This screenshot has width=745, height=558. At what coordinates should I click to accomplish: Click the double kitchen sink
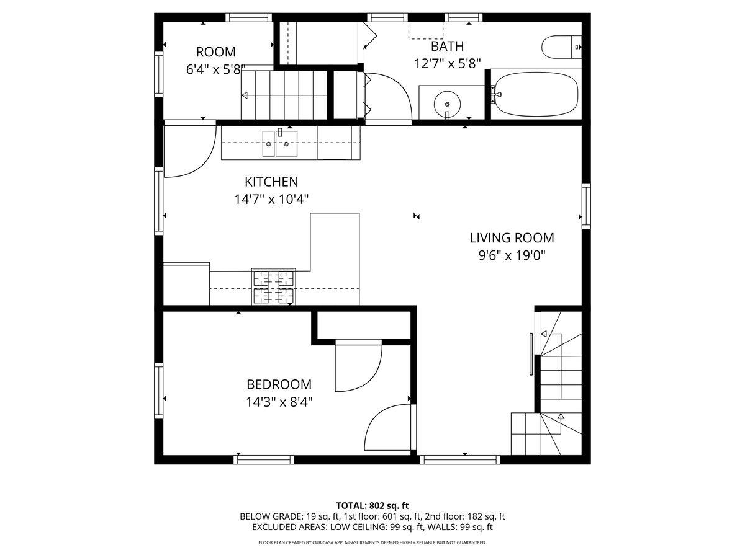click(279, 143)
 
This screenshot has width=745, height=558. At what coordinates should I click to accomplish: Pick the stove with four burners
click(273, 287)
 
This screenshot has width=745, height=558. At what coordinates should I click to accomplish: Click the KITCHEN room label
click(271, 182)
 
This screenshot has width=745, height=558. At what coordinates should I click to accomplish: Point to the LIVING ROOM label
click(512, 237)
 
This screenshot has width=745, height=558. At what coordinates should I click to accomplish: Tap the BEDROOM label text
click(279, 384)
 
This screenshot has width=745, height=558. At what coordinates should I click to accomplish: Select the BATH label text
click(447, 46)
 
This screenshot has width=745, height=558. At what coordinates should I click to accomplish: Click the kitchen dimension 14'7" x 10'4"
click(271, 200)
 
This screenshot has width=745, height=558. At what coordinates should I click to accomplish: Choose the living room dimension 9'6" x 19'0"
click(512, 255)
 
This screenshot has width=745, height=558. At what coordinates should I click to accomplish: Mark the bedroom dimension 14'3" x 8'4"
click(279, 402)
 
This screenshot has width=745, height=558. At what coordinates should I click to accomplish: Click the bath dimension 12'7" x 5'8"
click(447, 63)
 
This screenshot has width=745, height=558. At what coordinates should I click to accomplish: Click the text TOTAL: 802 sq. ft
click(372, 505)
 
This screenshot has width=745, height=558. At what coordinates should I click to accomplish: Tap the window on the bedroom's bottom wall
click(264, 459)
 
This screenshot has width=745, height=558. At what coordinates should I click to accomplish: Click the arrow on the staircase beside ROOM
click(245, 95)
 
